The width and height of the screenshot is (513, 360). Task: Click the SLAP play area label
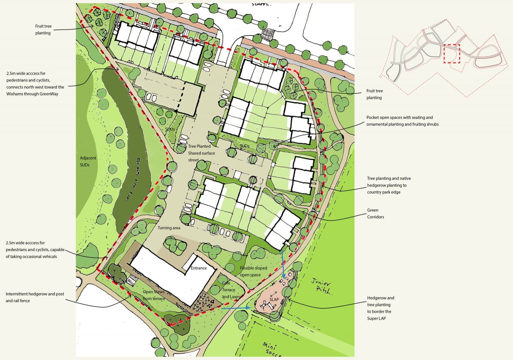pyautogui.click(x=274, y=299)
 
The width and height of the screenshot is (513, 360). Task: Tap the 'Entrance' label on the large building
pyautogui.click(x=198, y=268)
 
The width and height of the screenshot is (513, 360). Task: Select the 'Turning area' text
pyautogui.click(x=169, y=228)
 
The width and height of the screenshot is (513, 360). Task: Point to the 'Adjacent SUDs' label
pyautogui.click(x=85, y=162)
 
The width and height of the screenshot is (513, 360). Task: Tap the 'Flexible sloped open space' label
pyautogui.click(x=253, y=271)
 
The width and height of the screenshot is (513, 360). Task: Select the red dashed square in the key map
pyautogui.click(x=452, y=54)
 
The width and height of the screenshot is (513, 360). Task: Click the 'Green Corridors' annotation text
pyautogui.click(x=375, y=214)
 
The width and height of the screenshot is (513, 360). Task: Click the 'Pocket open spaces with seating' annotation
pyautogui.click(x=402, y=121)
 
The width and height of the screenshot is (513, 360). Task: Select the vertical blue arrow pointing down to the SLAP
pyautogui.click(x=283, y=263)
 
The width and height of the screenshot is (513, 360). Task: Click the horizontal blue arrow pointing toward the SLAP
pyautogui.click(x=236, y=308)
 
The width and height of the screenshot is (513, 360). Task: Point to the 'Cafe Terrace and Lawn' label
pyautogui.click(x=230, y=290)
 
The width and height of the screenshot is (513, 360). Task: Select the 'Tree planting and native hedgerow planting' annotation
pyautogui.click(x=389, y=185)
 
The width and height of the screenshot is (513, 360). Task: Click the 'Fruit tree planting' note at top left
pyautogui.click(x=43, y=30)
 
